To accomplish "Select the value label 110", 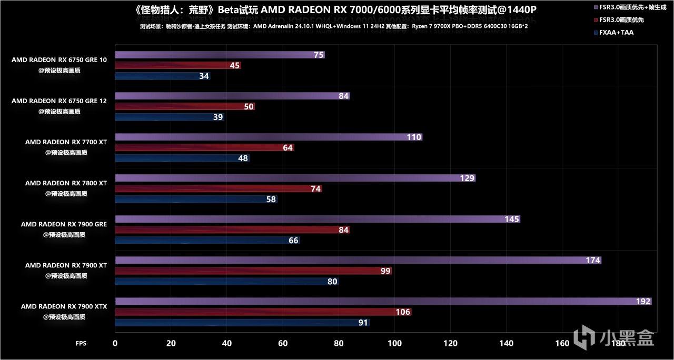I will pos(414,137).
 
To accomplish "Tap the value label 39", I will pos(217,117).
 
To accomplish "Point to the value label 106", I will pos(403,312).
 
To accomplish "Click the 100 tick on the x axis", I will pos(394,343).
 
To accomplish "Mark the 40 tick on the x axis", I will pos(227,343).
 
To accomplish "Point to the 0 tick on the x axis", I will pos(115,343).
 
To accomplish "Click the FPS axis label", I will pos(81,343).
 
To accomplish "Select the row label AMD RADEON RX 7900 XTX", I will pos(64,306).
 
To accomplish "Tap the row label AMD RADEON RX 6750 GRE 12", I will pos(59,101).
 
